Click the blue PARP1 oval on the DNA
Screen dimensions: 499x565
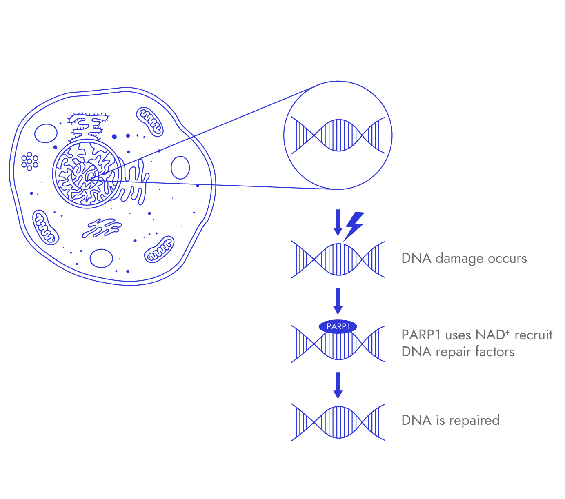pyautogui.click(x=338, y=326)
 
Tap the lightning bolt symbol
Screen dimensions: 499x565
pyautogui.click(x=354, y=225)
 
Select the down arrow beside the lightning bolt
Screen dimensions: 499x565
pyautogui.click(x=338, y=223)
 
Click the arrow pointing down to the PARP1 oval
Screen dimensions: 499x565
pyautogui.click(x=338, y=301)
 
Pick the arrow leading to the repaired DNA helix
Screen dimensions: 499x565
pyautogui.click(x=338, y=385)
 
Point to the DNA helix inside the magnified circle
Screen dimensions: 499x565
pyautogui.click(x=338, y=135)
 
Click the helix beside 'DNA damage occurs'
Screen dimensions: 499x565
pyautogui.click(x=338, y=259)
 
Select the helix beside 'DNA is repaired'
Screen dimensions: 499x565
pyautogui.click(x=338, y=422)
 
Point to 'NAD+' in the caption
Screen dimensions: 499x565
pyautogui.click(x=493, y=335)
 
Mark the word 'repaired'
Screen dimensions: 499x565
pyautogui.click(x=474, y=420)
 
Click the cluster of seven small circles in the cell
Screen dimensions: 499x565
pyautogui.click(x=29, y=161)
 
